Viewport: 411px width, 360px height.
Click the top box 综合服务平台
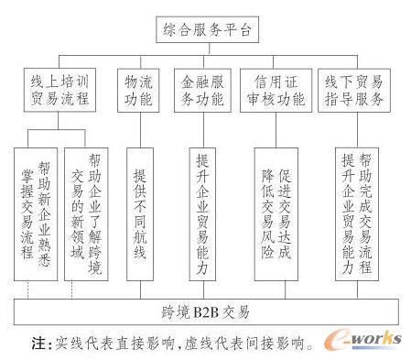click(204, 30)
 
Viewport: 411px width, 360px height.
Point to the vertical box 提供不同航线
click(137, 213)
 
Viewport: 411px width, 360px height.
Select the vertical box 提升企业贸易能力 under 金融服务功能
click(203, 213)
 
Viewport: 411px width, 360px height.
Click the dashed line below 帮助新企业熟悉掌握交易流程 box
click(29, 292)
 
